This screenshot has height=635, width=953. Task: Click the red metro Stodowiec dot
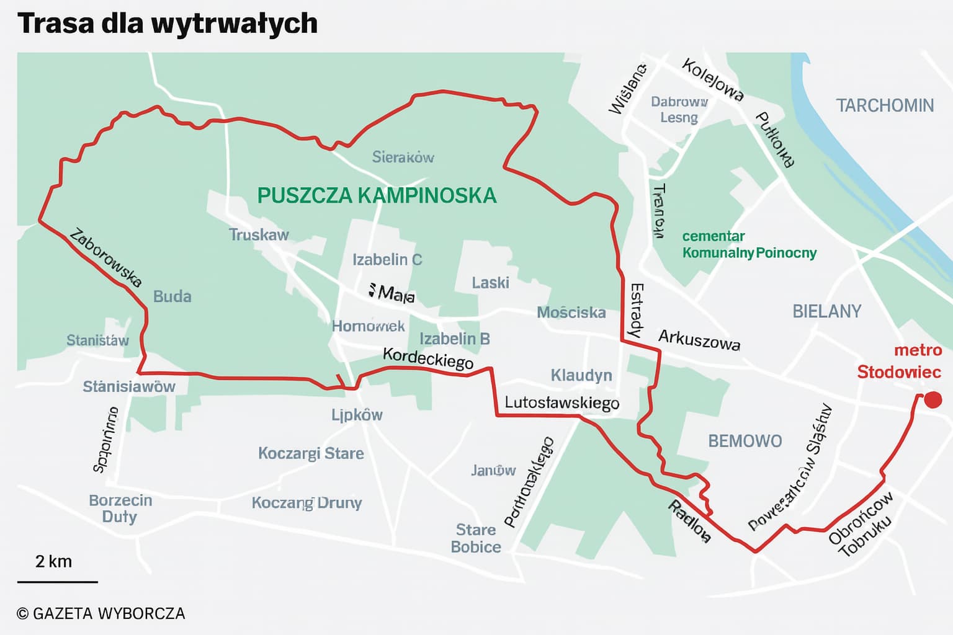pyautogui.click(x=933, y=400)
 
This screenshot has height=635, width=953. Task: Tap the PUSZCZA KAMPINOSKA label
pyautogui.click(x=377, y=195)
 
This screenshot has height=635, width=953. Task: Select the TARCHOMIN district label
pyautogui.click(x=884, y=105)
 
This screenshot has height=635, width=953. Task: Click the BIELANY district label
pyautogui.click(x=826, y=311)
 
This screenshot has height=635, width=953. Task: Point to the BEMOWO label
pyautogui.click(x=745, y=441)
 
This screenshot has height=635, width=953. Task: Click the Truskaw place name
pyautogui.click(x=259, y=234)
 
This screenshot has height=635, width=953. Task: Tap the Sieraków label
pyautogui.click(x=403, y=158)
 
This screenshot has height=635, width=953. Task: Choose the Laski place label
pyautogui.click(x=490, y=283)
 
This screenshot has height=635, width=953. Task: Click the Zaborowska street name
pyautogui.click(x=105, y=258)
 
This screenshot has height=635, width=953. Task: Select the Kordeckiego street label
pyautogui.click(x=427, y=358)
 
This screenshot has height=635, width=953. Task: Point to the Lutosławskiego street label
pyautogui.click(x=562, y=402)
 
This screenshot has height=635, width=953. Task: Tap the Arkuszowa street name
pyautogui.click(x=699, y=339)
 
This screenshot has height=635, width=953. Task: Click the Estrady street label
pyautogui.click(x=635, y=310)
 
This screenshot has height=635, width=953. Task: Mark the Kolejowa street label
pyautogui.click(x=712, y=79)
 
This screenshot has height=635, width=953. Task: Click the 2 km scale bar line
pyautogui.click(x=57, y=582)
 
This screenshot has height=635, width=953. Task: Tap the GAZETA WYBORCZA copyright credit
pyautogui.click(x=101, y=613)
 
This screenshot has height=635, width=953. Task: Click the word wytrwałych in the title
pyautogui.click(x=234, y=24)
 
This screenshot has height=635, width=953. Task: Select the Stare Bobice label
pyautogui.click(x=476, y=538)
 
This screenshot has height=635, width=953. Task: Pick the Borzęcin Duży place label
pyautogui.click(x=120, y=508)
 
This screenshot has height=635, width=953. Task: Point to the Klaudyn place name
pyautogui.click(x=581, y=375)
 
